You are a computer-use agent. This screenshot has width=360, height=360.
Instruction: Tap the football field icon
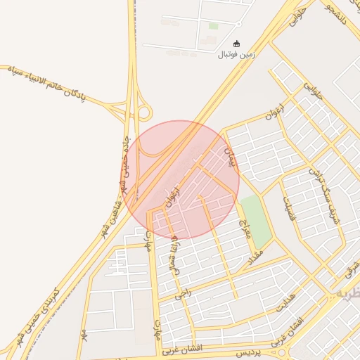tap(236, 44)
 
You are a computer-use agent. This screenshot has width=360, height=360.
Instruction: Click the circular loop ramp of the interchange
tap(144, 112)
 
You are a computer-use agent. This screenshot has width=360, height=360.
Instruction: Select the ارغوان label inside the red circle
tap(172, 196)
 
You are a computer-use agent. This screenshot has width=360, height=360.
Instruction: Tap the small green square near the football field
tap(213, 26)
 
